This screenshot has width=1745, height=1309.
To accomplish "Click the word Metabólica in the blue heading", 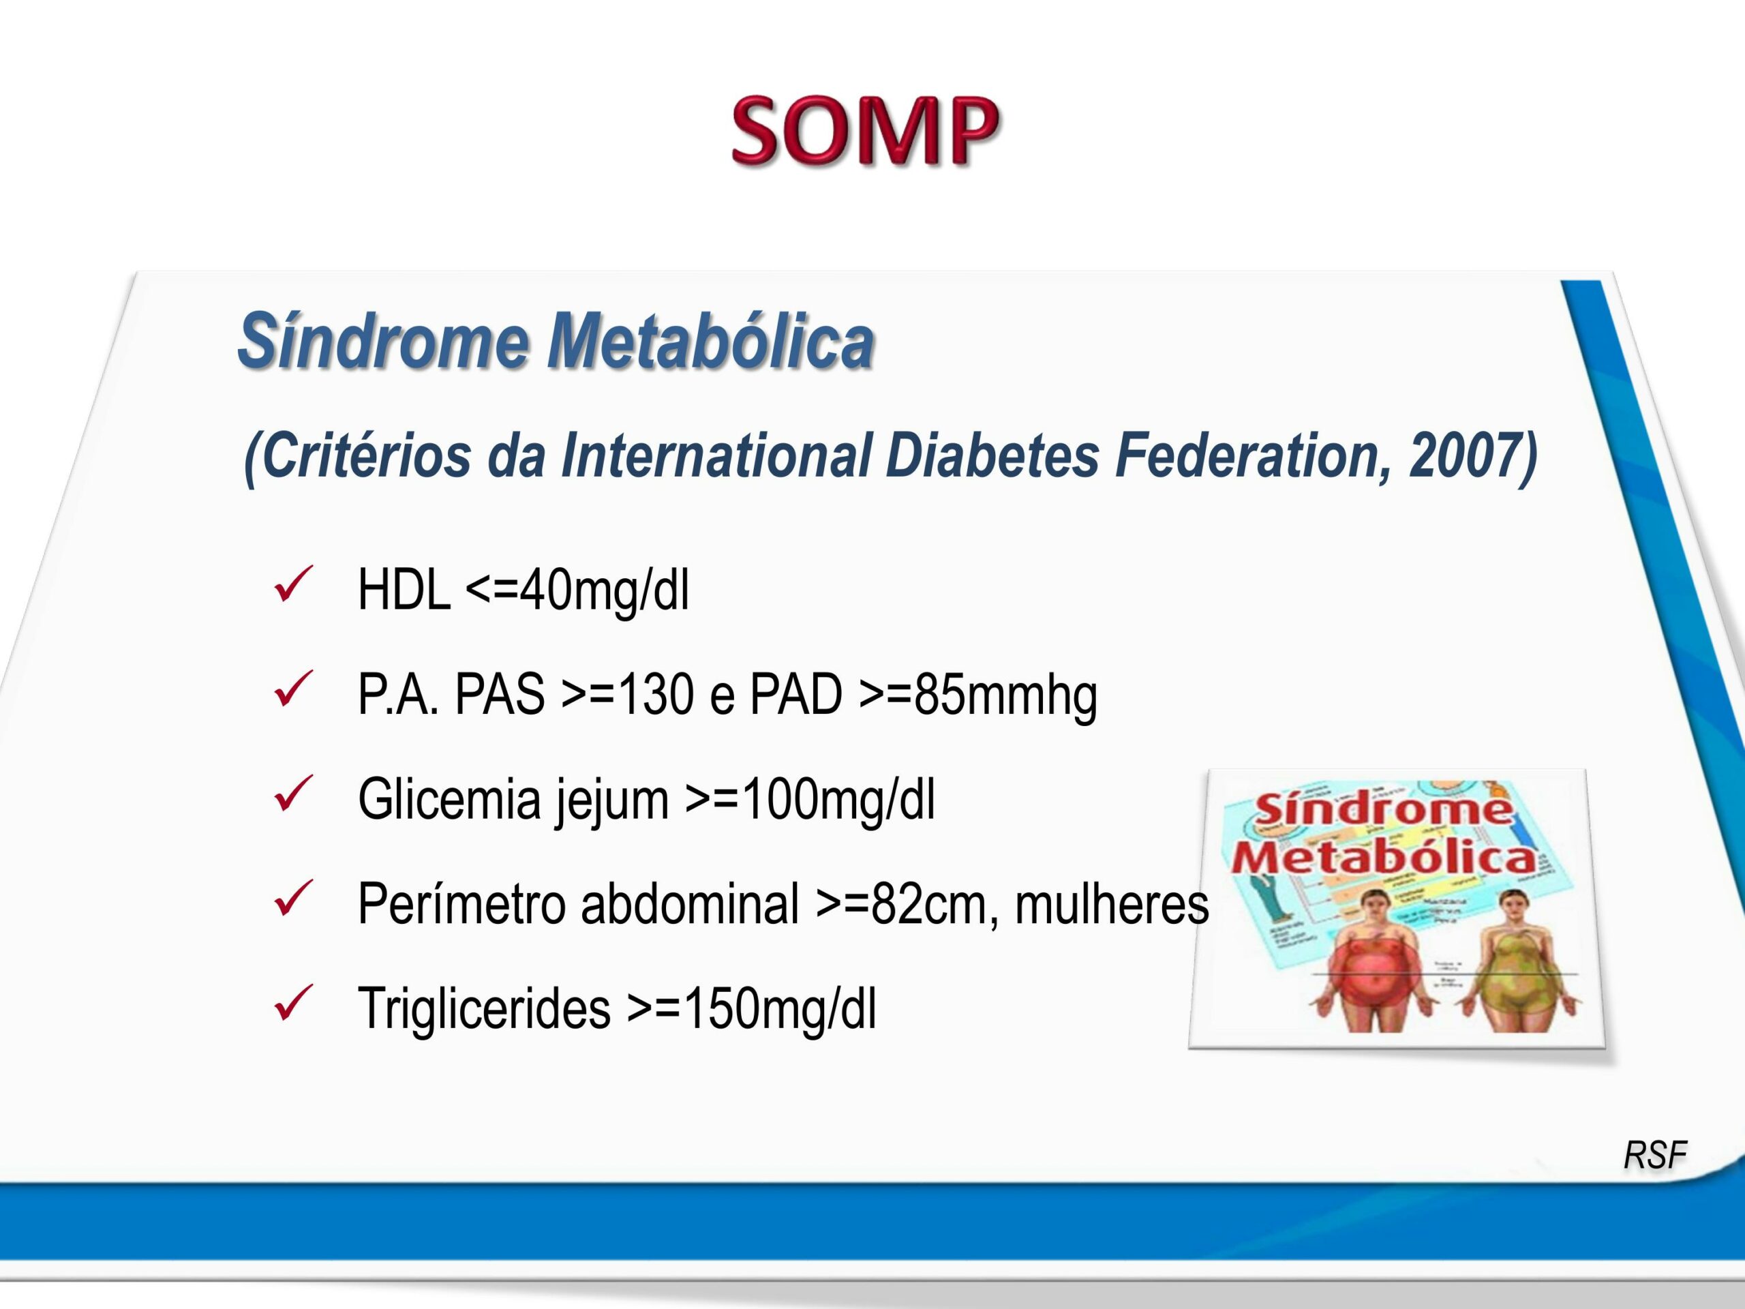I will [x=711, y=341].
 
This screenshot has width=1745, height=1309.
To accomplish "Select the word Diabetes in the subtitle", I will [x=992, y=455].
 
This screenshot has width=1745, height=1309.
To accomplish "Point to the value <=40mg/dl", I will [x=577, y=590].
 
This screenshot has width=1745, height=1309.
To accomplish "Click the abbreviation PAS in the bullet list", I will [x=500, y=694].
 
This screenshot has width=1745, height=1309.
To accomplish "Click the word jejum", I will [x=611, y=801].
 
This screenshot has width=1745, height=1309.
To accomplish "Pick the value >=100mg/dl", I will [x=810, y=799].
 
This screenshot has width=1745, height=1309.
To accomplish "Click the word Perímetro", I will [x=461, y=904].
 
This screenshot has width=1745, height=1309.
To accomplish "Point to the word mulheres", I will [x=1112, y=904].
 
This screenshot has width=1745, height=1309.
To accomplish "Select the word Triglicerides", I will [x=483, y=1009].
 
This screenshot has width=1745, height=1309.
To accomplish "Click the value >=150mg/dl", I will [x=751, y=1009].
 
